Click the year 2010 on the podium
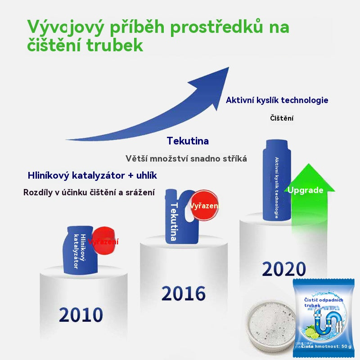tap(81, 315)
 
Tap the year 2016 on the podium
tap(184, 293)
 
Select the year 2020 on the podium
tap(284, 269)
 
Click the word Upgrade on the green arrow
tap(306, 190)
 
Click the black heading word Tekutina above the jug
tap(188, 141)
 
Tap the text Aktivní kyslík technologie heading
tap(277, 100)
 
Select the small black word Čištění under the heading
tap(282, 118)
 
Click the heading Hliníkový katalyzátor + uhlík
tap(92, 175)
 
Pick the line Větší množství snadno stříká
tap(186, 158)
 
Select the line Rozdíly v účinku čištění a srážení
tap(89, 192)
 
